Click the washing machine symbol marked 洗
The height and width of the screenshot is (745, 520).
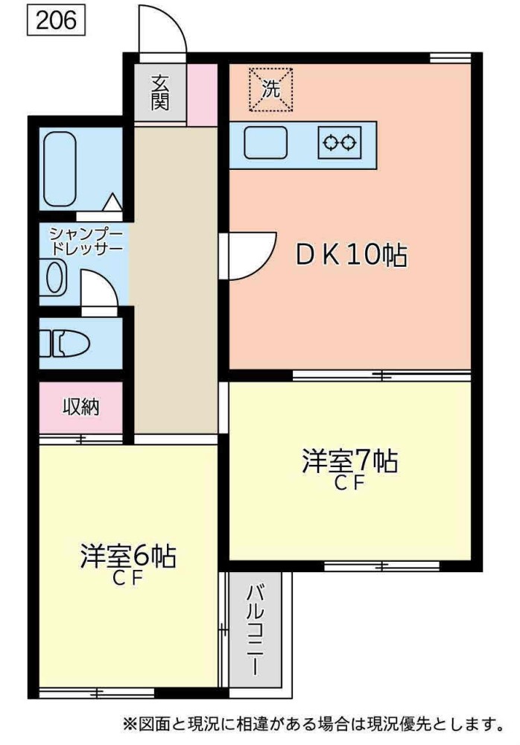click(270, 89)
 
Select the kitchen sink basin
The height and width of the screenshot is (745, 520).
click(266, 142)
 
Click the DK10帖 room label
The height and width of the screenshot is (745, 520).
click(351, 256)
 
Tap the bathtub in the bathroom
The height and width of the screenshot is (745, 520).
click(60, 168)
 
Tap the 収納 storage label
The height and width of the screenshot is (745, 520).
click(81, 407)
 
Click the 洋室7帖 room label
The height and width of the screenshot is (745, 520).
click(349, 461)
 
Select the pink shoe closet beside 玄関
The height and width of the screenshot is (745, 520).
click(201, 94)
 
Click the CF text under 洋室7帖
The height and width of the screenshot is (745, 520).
click(349, 484)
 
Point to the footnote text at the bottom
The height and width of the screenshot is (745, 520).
click(313, 723)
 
